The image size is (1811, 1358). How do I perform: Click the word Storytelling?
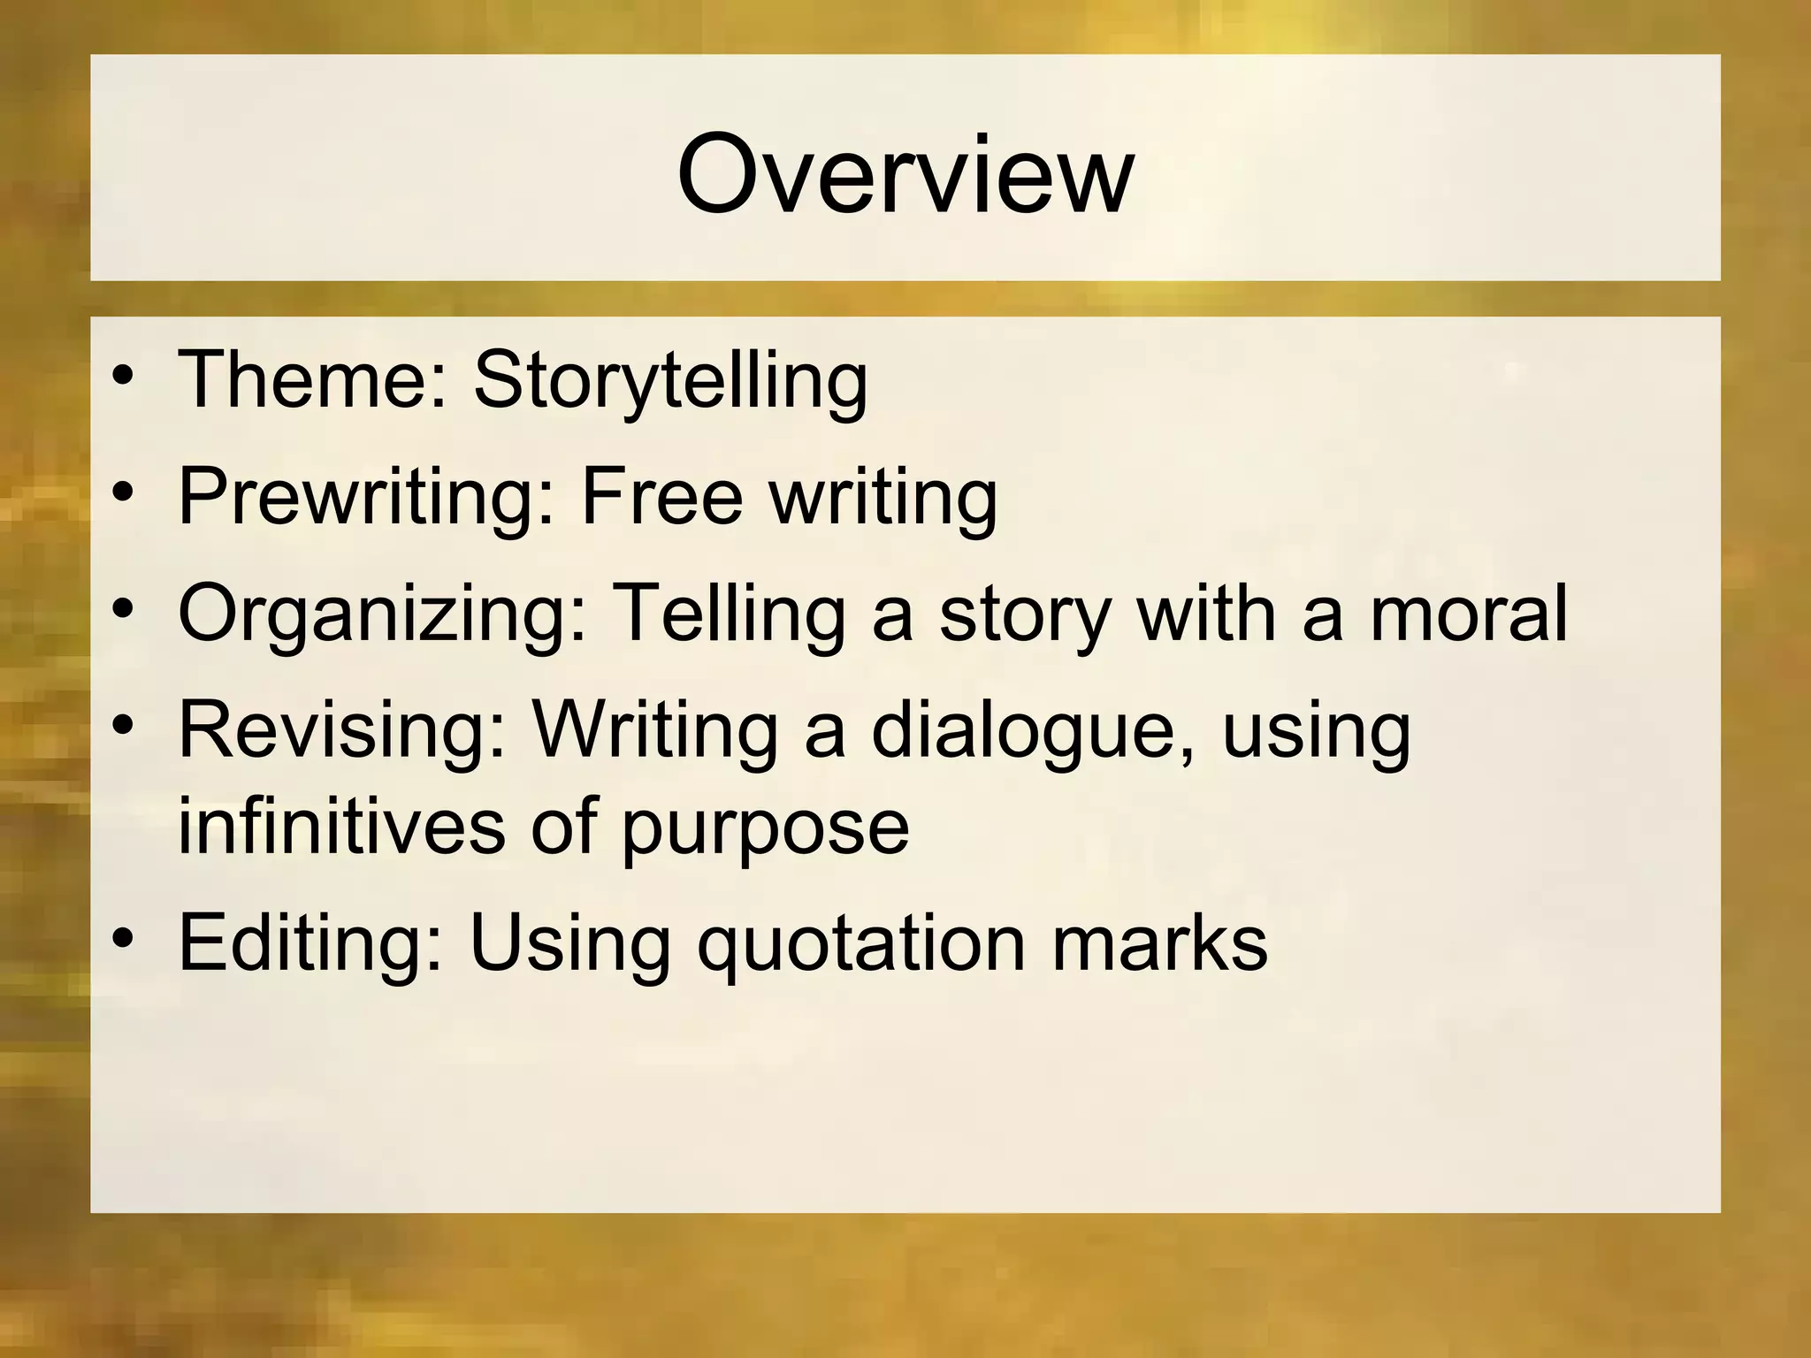pyautogui.click(x=670, y=381)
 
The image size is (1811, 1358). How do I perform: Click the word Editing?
pyautogui.click(x=310, y=942)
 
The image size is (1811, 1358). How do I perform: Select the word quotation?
pyautogui.click(x=861, y=944)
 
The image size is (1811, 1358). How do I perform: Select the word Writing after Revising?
pyautogui.click(x=653, y=731)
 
